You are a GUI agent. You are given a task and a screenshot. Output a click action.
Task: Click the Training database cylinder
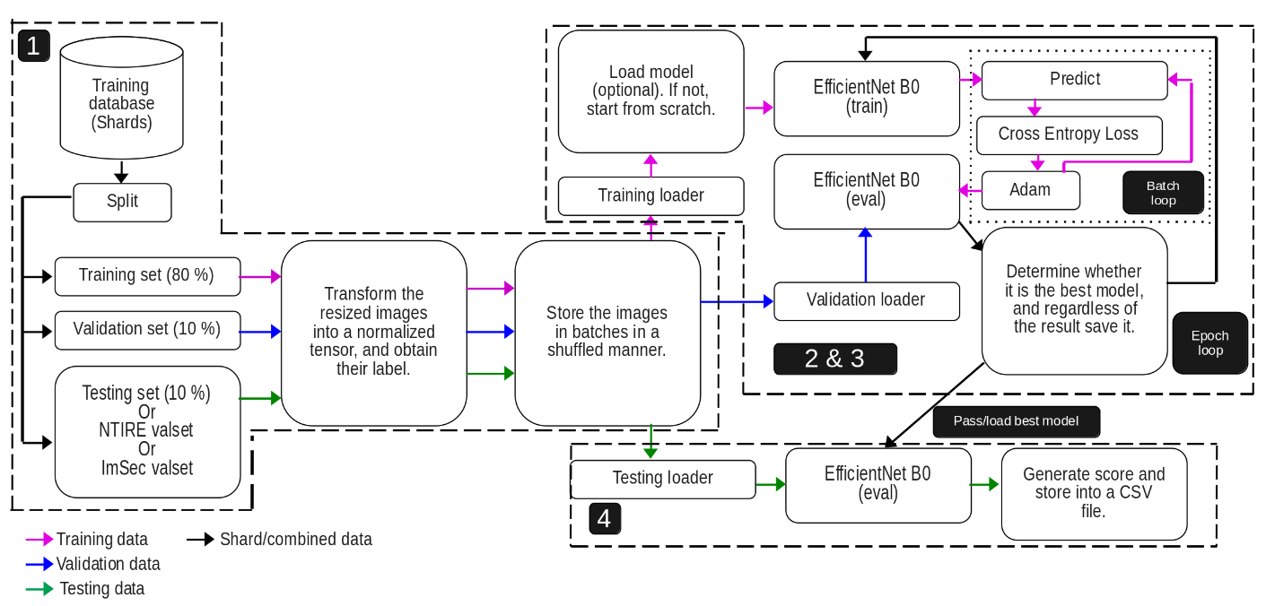[x=121, y=99]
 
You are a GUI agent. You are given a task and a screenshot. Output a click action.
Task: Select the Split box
[x=122, y=202]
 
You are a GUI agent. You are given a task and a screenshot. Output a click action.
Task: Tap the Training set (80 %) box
[x=147, y=276]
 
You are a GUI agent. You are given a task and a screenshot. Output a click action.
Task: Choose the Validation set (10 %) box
[x=147, y=330]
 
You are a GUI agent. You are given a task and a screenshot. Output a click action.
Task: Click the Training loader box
[x=650, y=195]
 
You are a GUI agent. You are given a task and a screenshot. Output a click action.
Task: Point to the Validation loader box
[x=866, y=300]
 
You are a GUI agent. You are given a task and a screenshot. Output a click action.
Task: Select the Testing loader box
[x=662, y=479]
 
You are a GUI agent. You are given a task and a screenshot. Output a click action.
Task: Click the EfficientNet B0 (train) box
[x=866, y=98]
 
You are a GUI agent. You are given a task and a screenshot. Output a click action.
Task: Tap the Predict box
[x=1074, y=80]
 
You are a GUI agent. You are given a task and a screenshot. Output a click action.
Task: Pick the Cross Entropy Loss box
[x=1069, y=134]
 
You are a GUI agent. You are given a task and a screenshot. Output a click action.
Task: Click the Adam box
[x=1030, y=190]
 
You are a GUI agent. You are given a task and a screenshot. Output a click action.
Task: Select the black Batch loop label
[x=1163, y=193]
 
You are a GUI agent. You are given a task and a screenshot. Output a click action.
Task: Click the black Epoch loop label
[x=1209, y=342]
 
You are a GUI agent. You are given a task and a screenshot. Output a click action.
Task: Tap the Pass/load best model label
[x=1016, y=421]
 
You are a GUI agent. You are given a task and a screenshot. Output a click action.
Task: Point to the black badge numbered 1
[x=33, y=45]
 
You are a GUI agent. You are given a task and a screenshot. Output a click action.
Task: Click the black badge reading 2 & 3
[x=834, y=359]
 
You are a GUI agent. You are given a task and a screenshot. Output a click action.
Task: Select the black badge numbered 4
[x=605, y=519]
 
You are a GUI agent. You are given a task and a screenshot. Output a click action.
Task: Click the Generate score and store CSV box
[x=1093, y=494]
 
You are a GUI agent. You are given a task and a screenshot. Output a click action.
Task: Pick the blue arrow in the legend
[x=39, y=565]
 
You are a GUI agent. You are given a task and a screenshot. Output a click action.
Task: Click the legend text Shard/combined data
[x=295, y=540]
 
